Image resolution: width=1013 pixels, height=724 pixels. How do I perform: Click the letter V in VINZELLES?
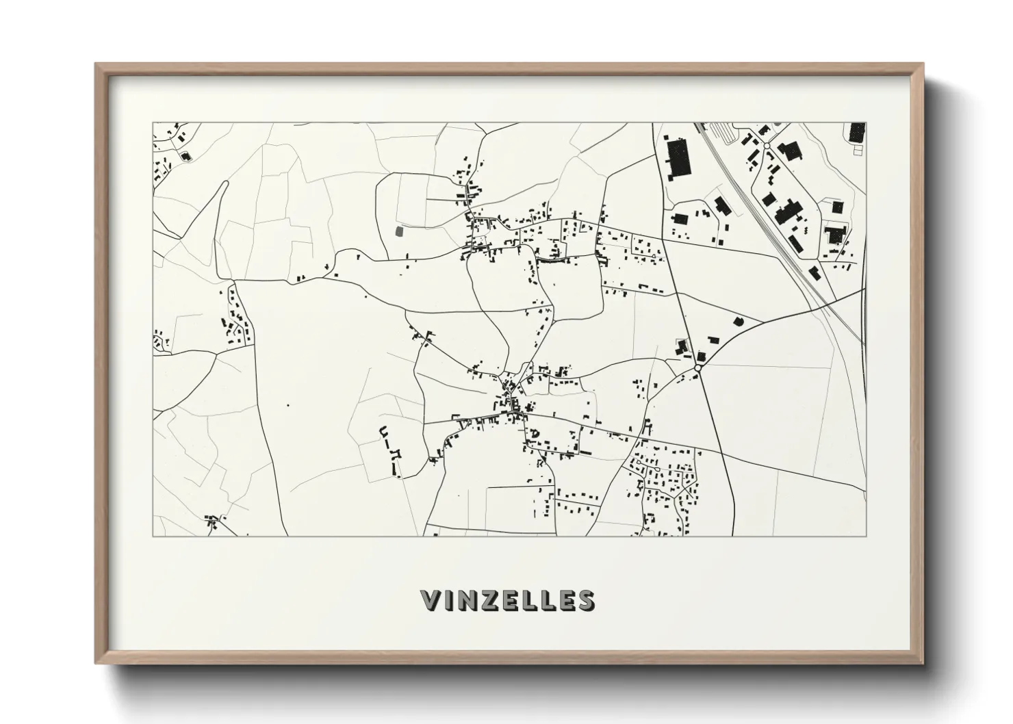pos(433,600)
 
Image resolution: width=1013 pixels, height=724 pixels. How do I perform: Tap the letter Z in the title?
pos(491,600)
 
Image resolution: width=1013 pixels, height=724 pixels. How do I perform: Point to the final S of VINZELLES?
pos(586,600)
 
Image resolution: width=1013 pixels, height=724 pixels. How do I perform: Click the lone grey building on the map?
pos(400,231)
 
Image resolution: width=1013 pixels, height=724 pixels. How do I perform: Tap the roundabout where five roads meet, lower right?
pos(697,367)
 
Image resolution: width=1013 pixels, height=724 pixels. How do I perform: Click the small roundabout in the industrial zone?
pos(767,146)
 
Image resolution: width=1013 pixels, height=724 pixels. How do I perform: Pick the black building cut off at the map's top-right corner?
pos(857,131)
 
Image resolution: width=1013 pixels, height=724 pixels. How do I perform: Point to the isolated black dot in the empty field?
pos(287,406)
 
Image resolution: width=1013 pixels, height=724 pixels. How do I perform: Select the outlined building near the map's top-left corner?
pos(185,155)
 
